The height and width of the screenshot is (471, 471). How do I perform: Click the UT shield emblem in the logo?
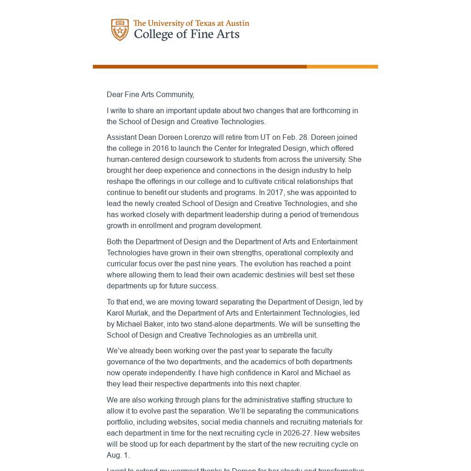click(120, 30)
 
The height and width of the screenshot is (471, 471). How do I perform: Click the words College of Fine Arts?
click(186, 34)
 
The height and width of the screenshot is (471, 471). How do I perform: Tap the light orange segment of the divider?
click(342, 67)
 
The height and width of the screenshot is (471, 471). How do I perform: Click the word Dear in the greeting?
click(115, 95)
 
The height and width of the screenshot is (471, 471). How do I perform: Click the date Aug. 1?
click(117, 455)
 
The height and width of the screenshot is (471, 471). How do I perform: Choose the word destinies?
click(264, 275)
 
